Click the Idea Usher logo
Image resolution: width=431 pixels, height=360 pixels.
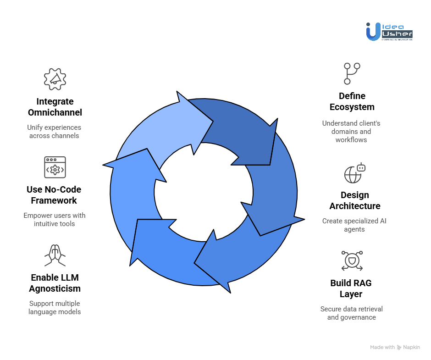coord(389,31)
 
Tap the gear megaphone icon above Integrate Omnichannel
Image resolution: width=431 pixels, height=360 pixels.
coord(55,79)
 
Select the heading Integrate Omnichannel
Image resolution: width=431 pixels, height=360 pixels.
coord(55,107)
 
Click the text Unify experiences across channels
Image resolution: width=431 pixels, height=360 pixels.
coord(54,132)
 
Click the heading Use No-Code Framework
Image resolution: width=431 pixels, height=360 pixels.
coord(54,195)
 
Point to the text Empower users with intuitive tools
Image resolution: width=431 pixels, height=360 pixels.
coord(55,220)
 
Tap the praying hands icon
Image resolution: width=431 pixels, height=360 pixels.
coord(54,255)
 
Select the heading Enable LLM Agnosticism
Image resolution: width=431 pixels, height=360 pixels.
coord(55,283)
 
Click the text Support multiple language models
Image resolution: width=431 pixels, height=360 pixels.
coord(55,308)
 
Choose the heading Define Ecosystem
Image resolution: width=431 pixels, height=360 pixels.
coord(352,101)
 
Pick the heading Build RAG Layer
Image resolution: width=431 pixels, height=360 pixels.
coord(351,288)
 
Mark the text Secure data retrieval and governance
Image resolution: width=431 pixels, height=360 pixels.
coord(351,313)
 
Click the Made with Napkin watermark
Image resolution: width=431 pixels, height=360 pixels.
coord(395,347)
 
